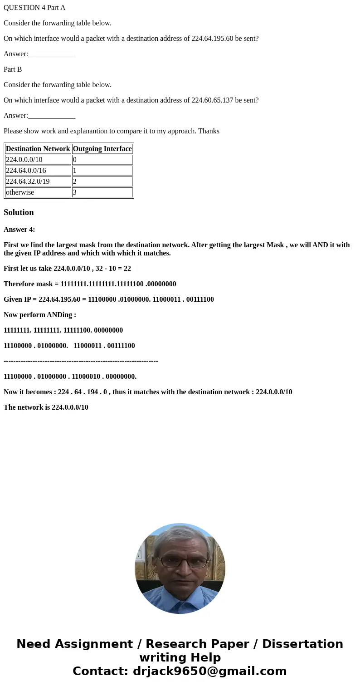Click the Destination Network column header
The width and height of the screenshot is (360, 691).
coord(38,149)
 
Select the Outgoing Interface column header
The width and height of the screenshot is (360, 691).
coord(102,149)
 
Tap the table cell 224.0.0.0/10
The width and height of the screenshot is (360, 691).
coord(38,160)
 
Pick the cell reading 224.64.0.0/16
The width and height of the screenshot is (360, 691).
coord(38,171)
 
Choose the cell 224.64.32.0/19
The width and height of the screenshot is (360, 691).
coord(38,181)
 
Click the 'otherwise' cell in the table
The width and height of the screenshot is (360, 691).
coord(38,192)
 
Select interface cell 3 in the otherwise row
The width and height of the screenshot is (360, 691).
coord(102,192)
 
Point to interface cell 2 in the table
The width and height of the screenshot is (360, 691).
coord(102,181)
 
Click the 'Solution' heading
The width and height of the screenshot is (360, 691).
coord(19,212)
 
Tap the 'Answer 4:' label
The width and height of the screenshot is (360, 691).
coord(19,230)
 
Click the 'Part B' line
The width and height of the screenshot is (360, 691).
coord(13,69)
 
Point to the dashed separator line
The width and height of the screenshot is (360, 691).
coord(81,361)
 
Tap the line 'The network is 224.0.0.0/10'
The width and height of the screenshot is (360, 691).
coord(46,407)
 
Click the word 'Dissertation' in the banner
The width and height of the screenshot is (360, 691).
coord(302,644)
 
